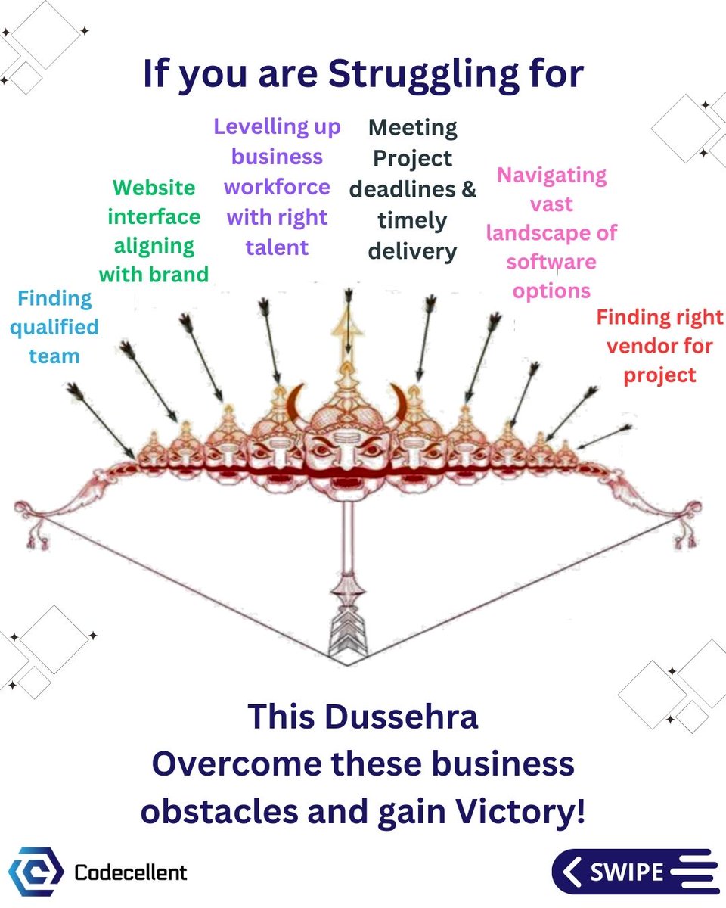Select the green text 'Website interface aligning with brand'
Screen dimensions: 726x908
click(x=154, y=231)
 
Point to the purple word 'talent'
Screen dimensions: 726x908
click(x=277, y=247)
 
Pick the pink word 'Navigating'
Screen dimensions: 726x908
click(x=551, y=175)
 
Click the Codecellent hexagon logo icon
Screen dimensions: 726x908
click(x=35, y=872)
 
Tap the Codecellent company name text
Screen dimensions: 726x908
click(x=131, y=872)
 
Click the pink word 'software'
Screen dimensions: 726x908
click(x=551, y=262)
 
